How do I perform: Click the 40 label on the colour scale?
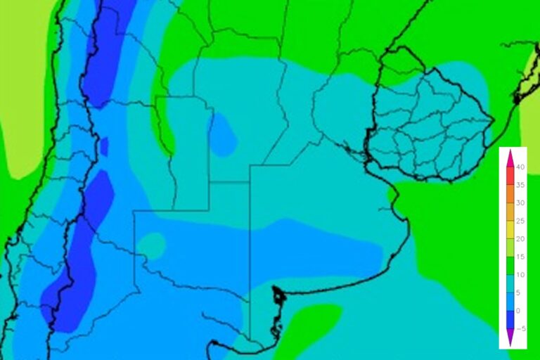pyautogui.click(x=520, y=167)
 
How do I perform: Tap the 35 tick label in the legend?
pyautogui.click(x=520, y=186)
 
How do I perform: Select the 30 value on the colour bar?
pyautogui.click(x=520, y=203)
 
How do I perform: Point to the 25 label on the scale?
pyautogui.click(x=520, y=221)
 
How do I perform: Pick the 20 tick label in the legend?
pyautogui.click(x=520, y=239)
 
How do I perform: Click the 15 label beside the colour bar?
pyautogui.click(x=520, y=257)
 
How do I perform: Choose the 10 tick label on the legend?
pyautogui.click(x=520, y=275)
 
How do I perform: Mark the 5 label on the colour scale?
pyautogui.click(x=518, y=293)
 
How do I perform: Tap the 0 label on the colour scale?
pyautogui.click(x=518, y=311)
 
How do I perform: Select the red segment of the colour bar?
pyautogui.click(x=509, y=176)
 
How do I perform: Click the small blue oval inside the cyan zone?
pyautogui.click(x=224, y=134)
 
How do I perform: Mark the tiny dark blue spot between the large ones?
pyautogui.click(x=104, y=146)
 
